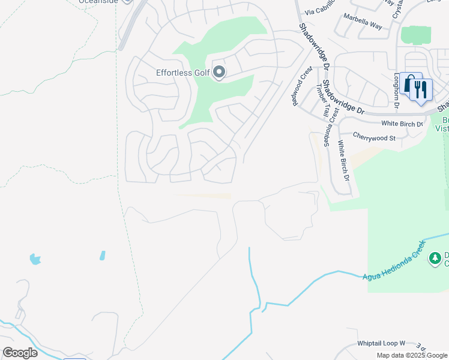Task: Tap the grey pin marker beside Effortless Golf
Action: pos(219,73)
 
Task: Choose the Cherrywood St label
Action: pos(375,137)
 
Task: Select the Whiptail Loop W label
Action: pos(382,343)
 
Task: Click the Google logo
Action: pos(20,352)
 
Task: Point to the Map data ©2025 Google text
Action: pos(412,355)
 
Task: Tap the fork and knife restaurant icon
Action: pos(422,91)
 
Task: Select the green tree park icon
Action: pos(435,258)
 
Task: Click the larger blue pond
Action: pos(35,259)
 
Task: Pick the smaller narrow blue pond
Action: pos(103,255)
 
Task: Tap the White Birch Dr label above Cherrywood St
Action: pos(402,124)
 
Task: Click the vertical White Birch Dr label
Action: pos(343,160)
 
